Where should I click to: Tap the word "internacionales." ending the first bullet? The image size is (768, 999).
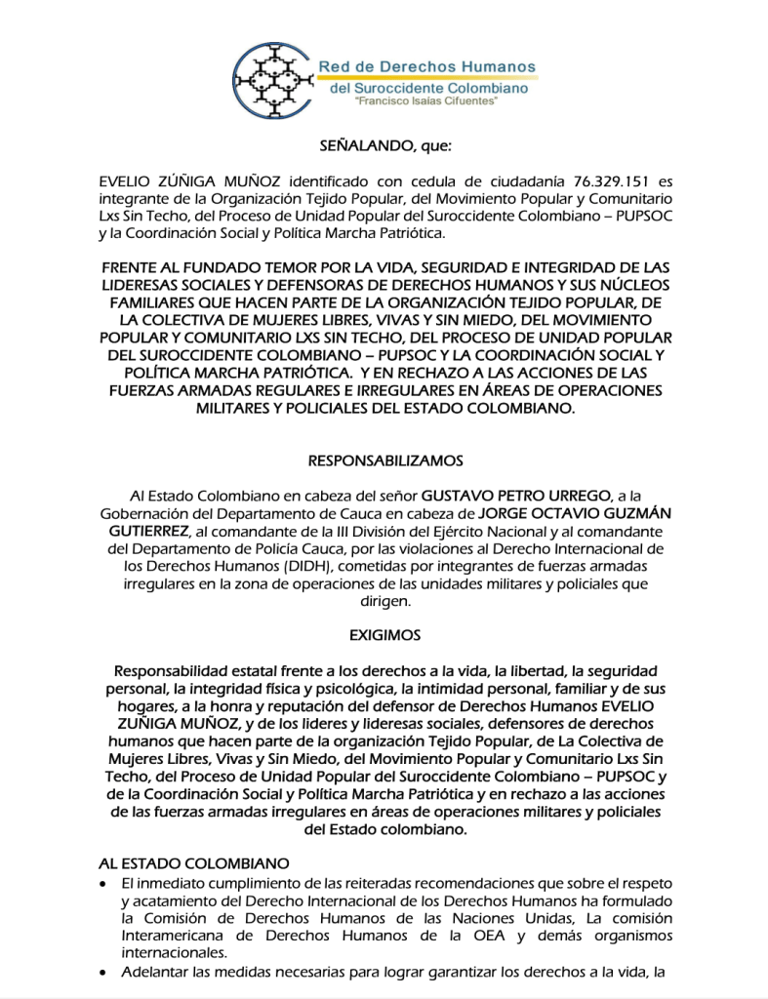(x=174, y=953)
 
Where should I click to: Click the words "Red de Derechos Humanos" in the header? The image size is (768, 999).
(x=427, y=67)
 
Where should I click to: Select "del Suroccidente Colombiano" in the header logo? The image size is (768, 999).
(x=429, y=88)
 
